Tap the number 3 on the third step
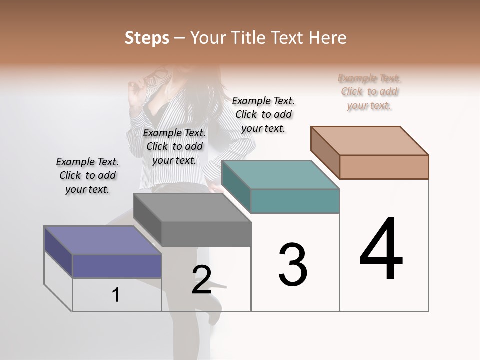point(292,264)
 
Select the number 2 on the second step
point(201,280)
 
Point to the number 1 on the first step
point(116,295)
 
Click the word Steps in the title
point(147,38)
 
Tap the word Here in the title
point(328,38)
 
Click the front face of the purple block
point(117,266)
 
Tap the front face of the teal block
point(295,201)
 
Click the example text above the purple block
point(87,176)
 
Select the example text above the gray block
point(174,147)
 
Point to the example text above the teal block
point(263,114)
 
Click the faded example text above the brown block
point(369,92)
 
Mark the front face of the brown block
point(384,167)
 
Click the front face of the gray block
point(206,234)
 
